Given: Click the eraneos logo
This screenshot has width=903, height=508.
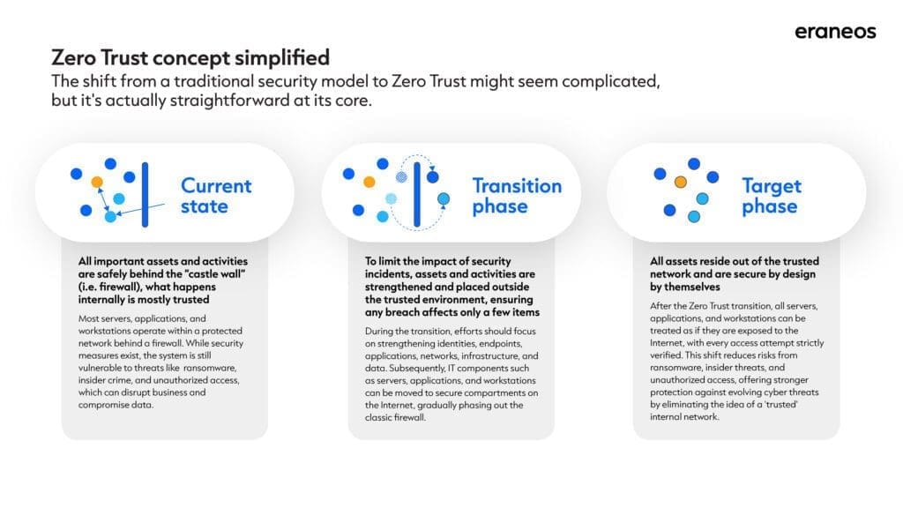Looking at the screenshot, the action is [x=835, y=32].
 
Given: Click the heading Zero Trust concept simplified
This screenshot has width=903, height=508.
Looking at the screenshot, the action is [x=190, y=57].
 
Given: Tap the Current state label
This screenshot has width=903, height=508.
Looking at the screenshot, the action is [x=216, y=196].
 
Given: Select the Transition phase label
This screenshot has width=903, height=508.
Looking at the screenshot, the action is [x=517, y=196].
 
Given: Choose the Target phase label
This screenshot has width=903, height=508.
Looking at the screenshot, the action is [x=771, y=196].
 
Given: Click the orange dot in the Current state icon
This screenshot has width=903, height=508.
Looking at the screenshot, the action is [x=97, y=182].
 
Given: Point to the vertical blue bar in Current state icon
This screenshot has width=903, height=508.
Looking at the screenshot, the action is [x=146, y=195].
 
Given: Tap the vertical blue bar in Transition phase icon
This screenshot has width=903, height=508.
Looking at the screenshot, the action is [x=417, y=195].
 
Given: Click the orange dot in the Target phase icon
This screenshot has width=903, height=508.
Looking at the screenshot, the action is [x=680, y=182].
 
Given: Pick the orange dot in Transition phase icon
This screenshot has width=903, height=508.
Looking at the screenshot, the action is [x=369, y=182].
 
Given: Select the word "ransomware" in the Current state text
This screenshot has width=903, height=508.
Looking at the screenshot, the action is [x=210, y=368].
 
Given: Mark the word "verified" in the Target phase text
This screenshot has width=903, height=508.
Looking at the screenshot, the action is [x=666, y=355].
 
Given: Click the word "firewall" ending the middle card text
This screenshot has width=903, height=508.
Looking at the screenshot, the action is [x=408, y=417].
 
